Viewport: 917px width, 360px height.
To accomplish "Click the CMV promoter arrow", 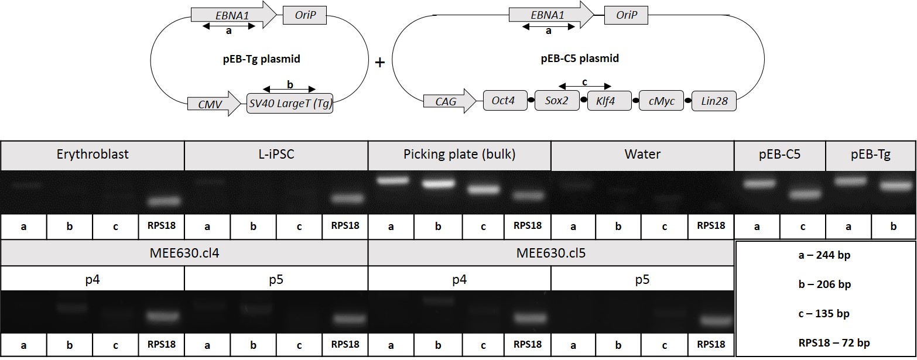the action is coord(214,104).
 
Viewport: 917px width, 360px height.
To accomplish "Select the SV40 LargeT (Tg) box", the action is coord(290,103).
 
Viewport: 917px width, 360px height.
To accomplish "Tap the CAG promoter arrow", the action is coord(450,101).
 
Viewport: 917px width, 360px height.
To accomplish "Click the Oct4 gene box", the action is coord(505,101).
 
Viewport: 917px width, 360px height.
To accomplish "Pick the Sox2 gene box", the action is coord(557,101).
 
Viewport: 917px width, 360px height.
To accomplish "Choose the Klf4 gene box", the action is coord(609,101).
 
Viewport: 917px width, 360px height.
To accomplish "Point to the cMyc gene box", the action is coord(662,101).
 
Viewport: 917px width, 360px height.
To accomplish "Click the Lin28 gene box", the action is coord(714,101).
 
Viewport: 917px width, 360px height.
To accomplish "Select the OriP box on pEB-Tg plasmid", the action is coord(305,15).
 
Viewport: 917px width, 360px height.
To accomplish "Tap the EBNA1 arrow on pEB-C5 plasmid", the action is coord(552,15).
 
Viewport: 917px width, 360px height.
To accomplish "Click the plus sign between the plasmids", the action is coord(380,63).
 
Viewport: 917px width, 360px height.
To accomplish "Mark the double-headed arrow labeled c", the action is coord(585,86).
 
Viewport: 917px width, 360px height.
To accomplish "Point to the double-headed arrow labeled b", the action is coord(289,89).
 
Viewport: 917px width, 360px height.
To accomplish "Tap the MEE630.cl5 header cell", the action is coord(551,253).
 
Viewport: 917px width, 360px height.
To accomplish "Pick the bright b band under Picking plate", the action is coord(439,184).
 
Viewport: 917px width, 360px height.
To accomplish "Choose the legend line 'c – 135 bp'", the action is coord(824,313).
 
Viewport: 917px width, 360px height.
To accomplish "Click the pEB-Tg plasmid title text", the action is coord(262,59).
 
